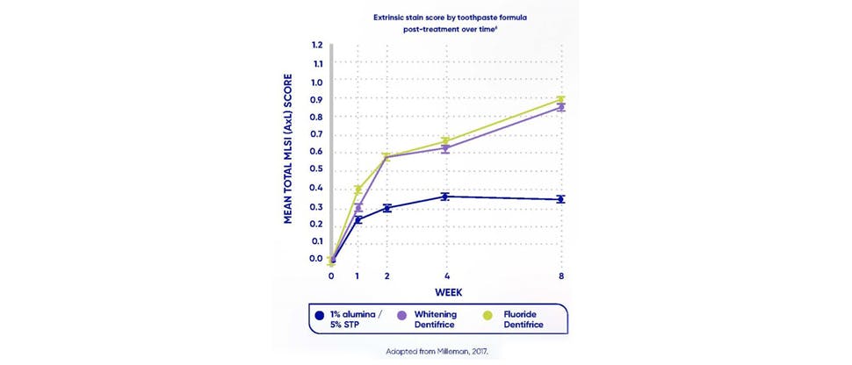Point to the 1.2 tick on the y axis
click(316, 45)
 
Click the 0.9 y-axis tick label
click(316, 99)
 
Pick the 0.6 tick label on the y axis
click(316, 152)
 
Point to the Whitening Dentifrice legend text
click(443, 318)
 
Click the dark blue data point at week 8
click(561, 199)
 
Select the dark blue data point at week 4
click(446, 197)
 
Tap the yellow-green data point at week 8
click(561, 99)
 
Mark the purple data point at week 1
click(358, 208)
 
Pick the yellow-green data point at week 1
click(358, 189)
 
